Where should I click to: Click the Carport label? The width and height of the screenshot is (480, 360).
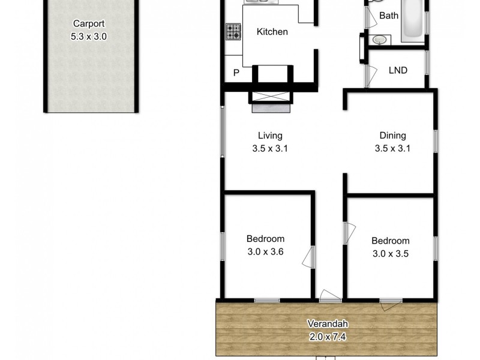[x=89, y=24]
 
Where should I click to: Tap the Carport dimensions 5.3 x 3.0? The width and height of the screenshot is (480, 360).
[x=89, y=36]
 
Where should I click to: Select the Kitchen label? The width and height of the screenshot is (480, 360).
[x=272, y=32]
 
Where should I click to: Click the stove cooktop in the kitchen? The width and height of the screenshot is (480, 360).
[x=233, y=32]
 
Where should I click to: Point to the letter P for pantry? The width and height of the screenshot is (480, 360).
[x=236, y=73]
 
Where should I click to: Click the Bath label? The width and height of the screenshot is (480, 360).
[x=388, y=16]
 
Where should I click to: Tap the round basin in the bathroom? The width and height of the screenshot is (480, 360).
[x=380, y=40]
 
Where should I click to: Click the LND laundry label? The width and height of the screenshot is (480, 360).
[x=398, y=70]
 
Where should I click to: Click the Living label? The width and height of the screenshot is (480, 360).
[x=270, y=136]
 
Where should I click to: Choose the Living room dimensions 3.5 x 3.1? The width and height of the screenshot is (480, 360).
[x=270, y=148]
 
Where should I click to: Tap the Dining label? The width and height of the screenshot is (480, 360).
[x=392, y=136]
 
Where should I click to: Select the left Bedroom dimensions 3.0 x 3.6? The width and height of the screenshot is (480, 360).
[x=265, y=252]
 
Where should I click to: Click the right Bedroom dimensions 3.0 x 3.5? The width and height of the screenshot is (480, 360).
[x=391, y=253]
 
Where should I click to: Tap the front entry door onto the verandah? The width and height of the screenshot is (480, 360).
[x=330, y=296]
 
